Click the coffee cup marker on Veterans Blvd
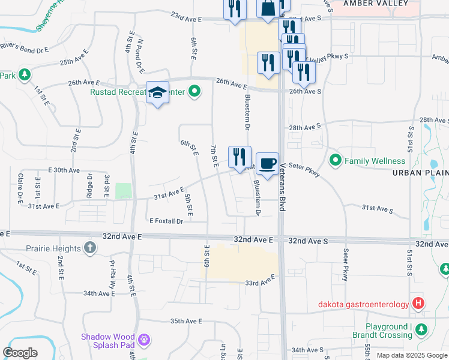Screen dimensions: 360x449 (x=267, y=164)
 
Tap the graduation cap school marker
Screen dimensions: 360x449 (x=157, y=93)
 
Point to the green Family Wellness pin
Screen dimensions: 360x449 (x=335, y=160)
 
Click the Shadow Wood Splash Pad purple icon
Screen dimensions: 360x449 (x=143, y=340)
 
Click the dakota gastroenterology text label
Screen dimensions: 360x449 (x=363, y=304)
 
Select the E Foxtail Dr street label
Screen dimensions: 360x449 (x=166, y=221)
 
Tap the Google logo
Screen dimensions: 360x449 (x=20, y=353)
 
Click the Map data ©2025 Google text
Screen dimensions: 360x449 (x=411, y=355)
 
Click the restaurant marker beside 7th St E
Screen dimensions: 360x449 (x=240, y=157)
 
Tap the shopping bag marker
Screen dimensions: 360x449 (x=267, y=8)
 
